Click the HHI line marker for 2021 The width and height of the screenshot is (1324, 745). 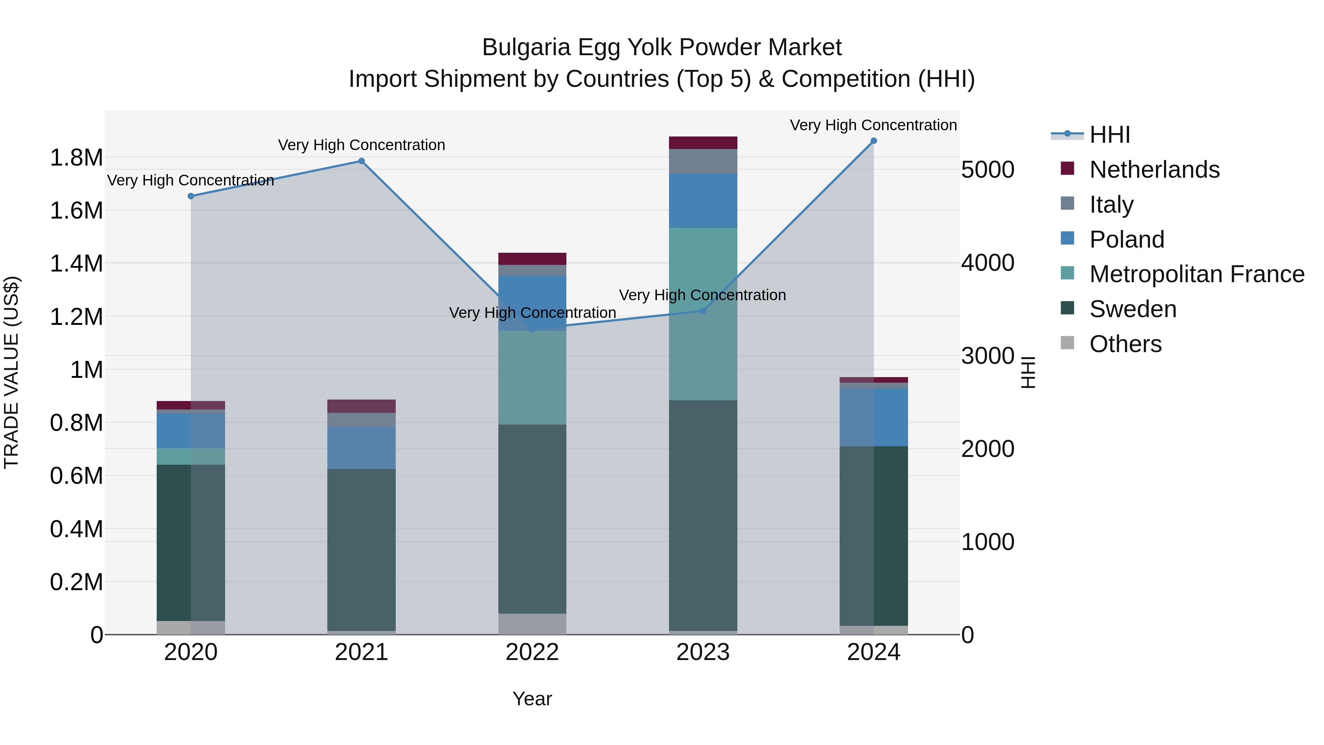[x=361, y=161]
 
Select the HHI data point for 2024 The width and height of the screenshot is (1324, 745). [x=873, y=141]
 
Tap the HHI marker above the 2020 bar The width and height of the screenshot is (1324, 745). [x=191, y=196]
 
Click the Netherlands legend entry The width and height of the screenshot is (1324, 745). [x=1154, y=170]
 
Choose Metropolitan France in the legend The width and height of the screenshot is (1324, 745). [x=1196, y=274]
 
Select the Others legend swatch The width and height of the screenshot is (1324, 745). [x=1068, y=343]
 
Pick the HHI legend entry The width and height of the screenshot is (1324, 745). [x=1109, y=135]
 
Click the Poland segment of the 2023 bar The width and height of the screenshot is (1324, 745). [x=702, y=201]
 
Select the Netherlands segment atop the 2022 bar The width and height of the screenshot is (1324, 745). [x=532, y=259]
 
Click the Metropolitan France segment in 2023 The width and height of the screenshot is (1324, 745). [x=702, y=313]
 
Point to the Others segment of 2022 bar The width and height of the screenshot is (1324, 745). [x=532, y=624]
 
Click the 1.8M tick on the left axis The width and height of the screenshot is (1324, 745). [x=76, y=158]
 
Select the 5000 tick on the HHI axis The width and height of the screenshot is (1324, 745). [x=987, y=170]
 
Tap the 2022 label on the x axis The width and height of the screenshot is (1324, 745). [x=532, y=652]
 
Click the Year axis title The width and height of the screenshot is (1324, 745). [x=532, y=699]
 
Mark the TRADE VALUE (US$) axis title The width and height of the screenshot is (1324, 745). [x=11, y=372]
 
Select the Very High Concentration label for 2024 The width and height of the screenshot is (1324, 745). [x=873, y=125]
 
